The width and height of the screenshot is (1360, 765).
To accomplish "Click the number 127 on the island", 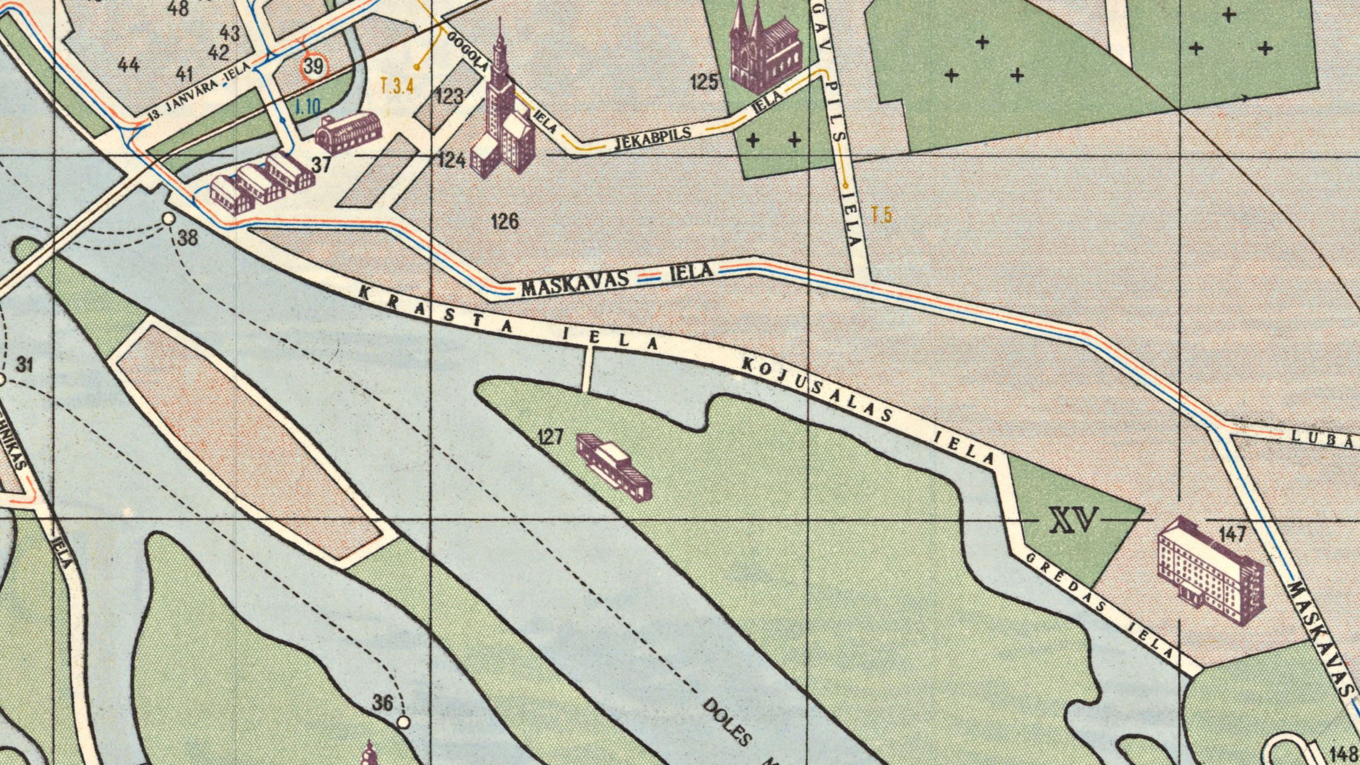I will tap(550, 437).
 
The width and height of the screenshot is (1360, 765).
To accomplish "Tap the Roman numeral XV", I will tap(1073, 520).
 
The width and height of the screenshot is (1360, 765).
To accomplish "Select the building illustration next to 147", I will tap(1210, 570).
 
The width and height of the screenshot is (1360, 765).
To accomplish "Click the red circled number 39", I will tap(313, 66).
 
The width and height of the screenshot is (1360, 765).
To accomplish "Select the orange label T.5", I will tap(881, 215).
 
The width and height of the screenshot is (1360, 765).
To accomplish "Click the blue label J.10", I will tap(307, 108).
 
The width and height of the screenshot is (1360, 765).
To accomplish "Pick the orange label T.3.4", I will tap(397, 86).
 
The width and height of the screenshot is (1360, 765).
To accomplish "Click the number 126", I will tap(505, 221).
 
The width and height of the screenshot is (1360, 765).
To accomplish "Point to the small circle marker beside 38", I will tap(169, 218).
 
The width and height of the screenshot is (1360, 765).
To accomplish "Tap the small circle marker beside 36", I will tap(403, 722).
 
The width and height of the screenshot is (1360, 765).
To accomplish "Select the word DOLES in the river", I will tap(727, 722).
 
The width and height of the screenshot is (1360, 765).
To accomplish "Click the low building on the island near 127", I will tap(614, 466).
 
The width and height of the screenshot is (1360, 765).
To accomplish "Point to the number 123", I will tap(449, 96).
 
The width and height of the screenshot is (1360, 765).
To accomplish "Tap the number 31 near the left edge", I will tap(24, 365).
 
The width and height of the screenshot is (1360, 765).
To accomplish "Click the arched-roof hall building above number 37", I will tap(348, 132).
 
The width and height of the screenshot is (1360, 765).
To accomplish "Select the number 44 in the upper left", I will tap(128, 64).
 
